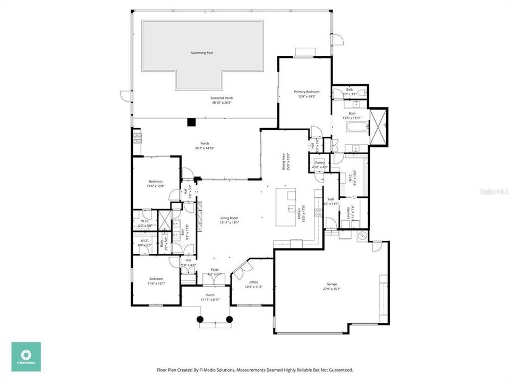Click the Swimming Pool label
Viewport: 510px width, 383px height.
click(x=202, y=53)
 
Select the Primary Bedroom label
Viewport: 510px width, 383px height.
click(x=307, y=91)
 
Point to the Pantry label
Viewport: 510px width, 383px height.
click(x=319, y=162)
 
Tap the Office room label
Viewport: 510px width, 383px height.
click(x=253, y=282)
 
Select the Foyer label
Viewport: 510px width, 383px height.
click(x=215, y=270)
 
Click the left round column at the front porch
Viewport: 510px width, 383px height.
click(x=200, y=319)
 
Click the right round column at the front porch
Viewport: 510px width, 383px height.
click(x=229, y=319)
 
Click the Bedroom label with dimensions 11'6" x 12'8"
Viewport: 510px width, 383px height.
click(x=156, y=181)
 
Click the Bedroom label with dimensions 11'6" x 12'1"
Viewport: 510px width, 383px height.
click(x=156, y=279)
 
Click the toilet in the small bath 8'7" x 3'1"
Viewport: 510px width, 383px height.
click(x=361, y=93)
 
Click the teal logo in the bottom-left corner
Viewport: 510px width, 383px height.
click(x=25, y=356)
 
